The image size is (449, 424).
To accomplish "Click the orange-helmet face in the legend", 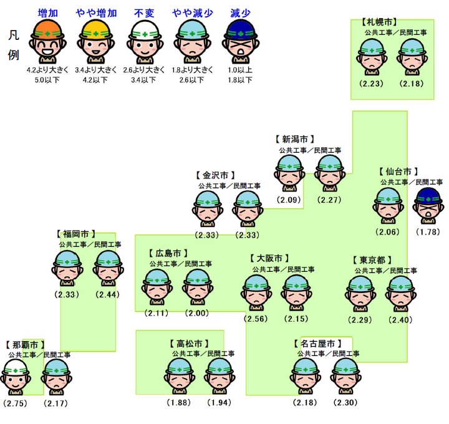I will click(48, 39).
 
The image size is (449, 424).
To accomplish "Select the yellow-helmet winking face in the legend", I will click(95, 39).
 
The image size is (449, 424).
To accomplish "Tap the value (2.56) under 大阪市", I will click(256, 319).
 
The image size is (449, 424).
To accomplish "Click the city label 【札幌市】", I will click(379, 22).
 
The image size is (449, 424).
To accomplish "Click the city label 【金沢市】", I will click(214, 175).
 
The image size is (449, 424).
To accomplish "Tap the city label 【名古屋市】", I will click(317, 344).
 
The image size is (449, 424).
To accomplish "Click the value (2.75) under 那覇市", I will click(15, 403).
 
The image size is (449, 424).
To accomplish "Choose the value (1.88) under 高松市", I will click(179, 402).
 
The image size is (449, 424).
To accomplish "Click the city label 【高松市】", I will click(188, 344).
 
